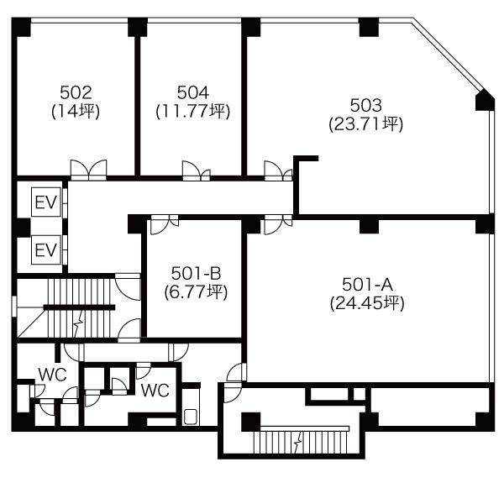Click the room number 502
76,92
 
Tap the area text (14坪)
76,111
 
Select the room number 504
193,92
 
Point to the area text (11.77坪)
193,111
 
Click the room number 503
365,105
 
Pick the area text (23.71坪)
365,124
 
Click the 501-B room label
196,274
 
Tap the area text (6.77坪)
196,292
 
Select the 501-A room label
367,284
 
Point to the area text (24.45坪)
367,302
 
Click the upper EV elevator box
46,202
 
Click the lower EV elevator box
46,249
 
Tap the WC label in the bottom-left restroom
52,375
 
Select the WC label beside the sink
155,391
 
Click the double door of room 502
89,170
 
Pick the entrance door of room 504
196,171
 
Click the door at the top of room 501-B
165,224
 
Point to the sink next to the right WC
191,416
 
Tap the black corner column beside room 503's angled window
485,100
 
